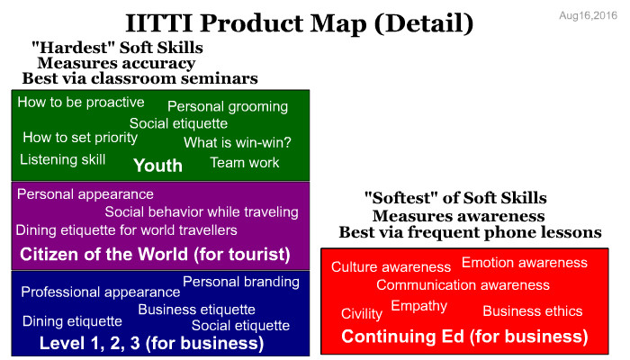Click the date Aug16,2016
coord(588,15)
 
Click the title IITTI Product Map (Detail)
coord(300,22)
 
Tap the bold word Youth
coord(157,165)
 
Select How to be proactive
coord(81,102)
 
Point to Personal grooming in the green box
coord(228,106)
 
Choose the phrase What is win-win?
coord(237,142)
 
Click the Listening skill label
coord(63,159)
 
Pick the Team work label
coord(244,162)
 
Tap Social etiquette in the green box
coord(178,123)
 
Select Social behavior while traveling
coord(202,211)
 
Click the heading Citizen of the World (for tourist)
coord(155,255)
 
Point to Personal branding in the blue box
coord(241,282)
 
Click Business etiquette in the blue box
coord(196,310)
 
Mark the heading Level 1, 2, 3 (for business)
coord(152,343)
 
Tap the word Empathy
coord(419,306)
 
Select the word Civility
coord(362,313)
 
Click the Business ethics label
coord(533,311)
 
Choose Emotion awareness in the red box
coord(525,263)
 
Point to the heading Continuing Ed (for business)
coord(464,337)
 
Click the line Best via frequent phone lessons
coord(470,232)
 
